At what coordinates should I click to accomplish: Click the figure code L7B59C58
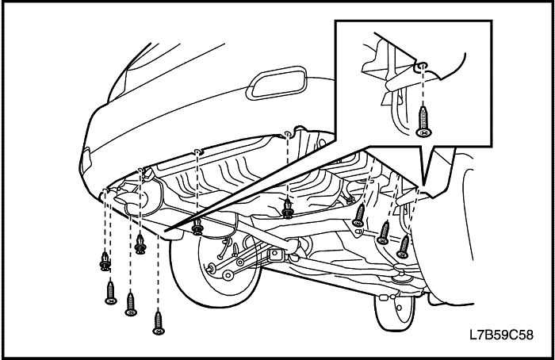[501, 335]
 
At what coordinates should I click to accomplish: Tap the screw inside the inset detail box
[423, 121]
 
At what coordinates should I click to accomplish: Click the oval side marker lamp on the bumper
[277, 82]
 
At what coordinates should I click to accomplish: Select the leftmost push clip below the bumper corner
[105, 261]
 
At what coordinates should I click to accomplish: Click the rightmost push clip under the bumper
[287, 209]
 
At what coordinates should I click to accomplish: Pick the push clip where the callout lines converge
[197, 226]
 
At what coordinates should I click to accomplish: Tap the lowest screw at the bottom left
[159, 323]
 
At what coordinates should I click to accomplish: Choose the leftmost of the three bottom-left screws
[111, 293]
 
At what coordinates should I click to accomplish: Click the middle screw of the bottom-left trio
[131, 304]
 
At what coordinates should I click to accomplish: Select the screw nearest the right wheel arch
[404, 247]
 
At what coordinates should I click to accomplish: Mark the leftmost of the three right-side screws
[359, 215]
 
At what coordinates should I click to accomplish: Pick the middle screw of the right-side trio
[383, 233]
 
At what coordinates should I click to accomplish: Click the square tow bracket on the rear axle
[275, 255]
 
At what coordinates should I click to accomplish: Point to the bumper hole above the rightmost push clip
[288, 133]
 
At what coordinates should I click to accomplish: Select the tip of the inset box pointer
[424, 185]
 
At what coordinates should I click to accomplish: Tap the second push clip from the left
[141, 244]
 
